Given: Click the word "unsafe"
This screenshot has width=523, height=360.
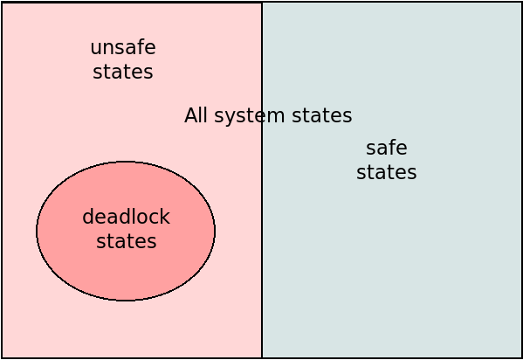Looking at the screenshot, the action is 123,47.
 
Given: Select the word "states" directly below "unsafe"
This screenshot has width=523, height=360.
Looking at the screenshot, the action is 123,73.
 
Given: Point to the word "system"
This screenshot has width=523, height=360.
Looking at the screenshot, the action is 249,116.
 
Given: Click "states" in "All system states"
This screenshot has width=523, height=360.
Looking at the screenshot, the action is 322,115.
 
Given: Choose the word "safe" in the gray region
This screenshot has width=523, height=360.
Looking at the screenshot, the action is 387,148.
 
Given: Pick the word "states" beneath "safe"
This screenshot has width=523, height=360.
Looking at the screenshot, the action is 387,172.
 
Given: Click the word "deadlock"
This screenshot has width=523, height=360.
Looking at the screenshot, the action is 126,217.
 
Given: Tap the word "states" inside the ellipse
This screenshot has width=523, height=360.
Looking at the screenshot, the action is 127,241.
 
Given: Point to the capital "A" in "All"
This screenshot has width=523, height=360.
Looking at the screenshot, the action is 191,115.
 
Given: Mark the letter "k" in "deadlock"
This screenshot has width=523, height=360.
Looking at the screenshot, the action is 165,217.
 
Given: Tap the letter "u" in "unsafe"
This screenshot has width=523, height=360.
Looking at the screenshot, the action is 96,49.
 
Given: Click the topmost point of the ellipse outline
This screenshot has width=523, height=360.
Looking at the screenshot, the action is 126,162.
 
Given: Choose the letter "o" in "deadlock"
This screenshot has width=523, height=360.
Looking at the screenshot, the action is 141,218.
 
